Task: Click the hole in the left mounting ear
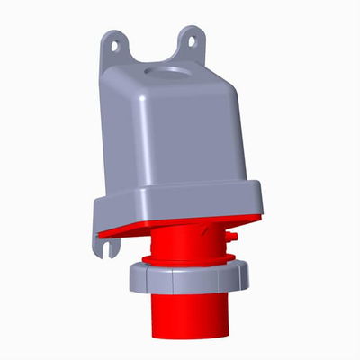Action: (112, 40)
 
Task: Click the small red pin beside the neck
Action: (231, 238)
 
